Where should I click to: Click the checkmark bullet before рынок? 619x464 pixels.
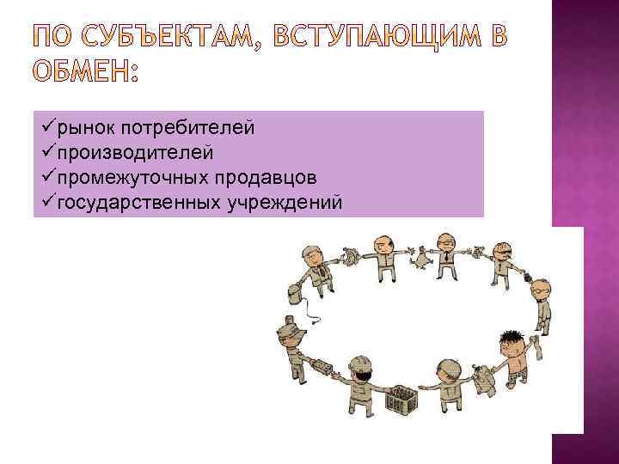(x=47, y=128)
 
